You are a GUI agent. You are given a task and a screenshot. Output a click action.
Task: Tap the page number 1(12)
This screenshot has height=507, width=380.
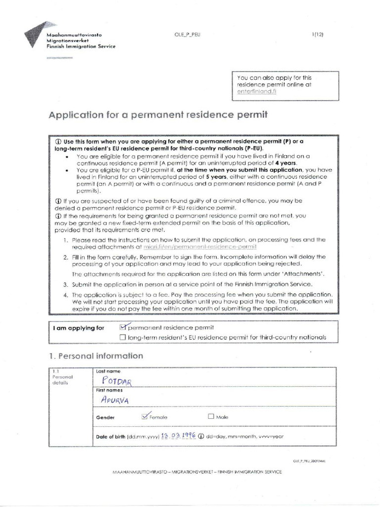pos(317,34)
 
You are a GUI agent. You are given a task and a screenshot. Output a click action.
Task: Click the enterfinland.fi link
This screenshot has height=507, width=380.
pos(257,92)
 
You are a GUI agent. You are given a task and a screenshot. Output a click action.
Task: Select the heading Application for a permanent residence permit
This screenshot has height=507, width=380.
pos(158,115)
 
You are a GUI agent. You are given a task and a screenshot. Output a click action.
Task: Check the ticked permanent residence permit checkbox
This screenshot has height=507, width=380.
pos(124,327)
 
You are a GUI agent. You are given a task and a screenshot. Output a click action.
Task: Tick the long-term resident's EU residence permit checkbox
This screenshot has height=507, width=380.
pos(123,337)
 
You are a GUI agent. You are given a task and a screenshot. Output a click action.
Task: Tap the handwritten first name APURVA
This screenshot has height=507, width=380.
pos(114,400)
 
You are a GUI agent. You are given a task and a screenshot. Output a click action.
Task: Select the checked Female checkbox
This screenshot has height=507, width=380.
pos(144,416)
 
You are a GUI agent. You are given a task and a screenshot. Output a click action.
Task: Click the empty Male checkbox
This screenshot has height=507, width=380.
pos(211,416)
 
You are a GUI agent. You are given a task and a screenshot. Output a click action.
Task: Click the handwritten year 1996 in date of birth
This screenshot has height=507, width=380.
pos(188,436)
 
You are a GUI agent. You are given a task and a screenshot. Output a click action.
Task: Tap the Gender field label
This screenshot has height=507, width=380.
pos(105,417)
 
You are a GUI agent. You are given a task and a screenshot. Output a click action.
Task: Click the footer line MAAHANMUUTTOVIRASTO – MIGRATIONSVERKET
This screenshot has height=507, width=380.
pos(197,472)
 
